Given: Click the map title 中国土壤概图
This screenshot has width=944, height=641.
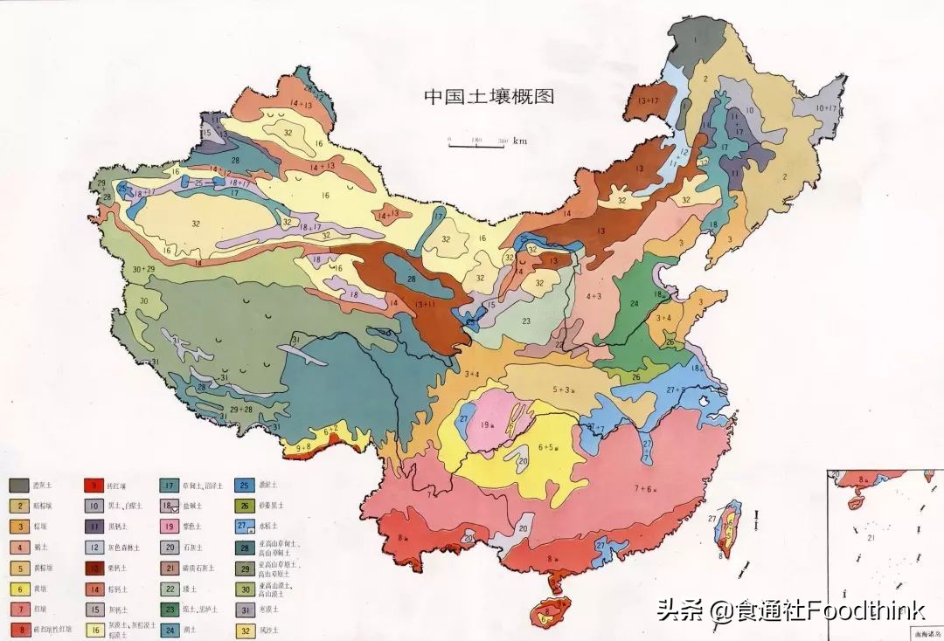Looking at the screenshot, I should click(x=489, y=96).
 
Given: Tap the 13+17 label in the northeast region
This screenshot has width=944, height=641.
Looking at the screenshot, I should click(x=648, y=101).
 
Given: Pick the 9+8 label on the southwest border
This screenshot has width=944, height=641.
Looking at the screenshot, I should click(x=303, y=447).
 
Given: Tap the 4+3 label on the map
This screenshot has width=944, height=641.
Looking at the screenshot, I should click(x=594, y=296).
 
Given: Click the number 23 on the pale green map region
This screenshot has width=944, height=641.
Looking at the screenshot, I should click(x=526, y=321).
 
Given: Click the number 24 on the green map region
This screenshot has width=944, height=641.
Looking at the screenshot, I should click(x=635, y=304).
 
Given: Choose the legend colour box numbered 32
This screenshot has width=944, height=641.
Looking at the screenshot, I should click(x=246, y=631).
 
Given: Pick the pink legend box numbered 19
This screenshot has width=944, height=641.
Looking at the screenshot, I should click(x=170, y=527).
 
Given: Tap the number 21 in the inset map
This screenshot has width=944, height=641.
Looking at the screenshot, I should click(x=871, y=538).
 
